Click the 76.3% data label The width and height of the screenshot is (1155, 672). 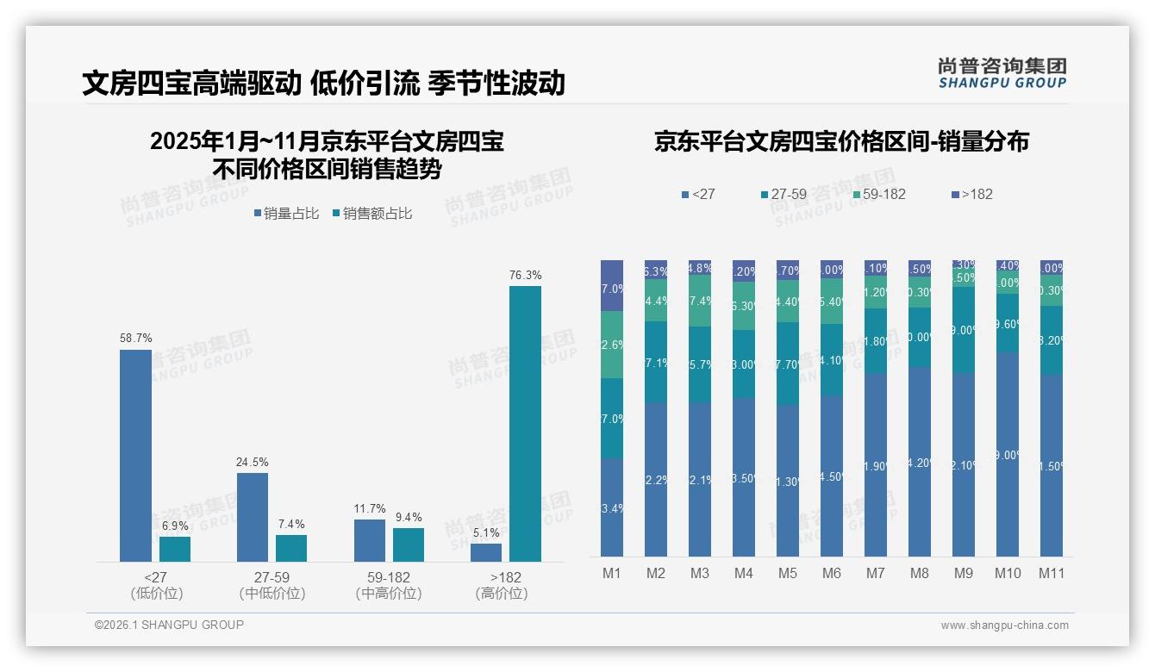525,276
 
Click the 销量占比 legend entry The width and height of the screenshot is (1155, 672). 286,213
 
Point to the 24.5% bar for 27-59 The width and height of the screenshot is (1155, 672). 252,517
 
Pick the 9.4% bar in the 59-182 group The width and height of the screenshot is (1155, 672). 409,544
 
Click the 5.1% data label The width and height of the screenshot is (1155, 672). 486,532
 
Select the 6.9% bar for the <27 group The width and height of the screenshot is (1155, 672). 175,549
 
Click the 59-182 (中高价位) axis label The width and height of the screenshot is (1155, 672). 388,585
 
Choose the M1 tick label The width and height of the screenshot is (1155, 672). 611,573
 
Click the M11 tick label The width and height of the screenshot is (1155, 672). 1051,573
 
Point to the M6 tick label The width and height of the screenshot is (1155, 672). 831,573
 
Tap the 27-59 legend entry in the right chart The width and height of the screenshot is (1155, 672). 784,194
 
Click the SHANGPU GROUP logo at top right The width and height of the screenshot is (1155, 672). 1002,73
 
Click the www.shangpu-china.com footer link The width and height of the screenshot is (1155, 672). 1004,625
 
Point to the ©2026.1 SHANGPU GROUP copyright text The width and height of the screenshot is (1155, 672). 169,625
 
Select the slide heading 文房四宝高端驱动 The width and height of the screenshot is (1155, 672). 191,83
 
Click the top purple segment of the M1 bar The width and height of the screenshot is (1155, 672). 611,285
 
